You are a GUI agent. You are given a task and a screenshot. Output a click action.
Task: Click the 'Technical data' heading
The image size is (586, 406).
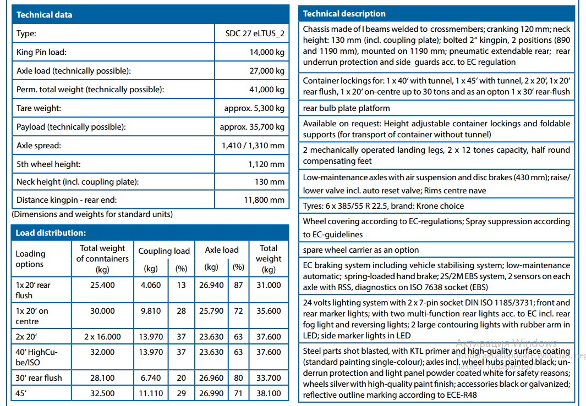point(44,15)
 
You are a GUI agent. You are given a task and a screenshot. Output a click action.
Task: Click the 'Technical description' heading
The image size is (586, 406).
point(344,14)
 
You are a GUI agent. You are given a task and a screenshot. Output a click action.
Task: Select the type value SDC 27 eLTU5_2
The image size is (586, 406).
point(255,34)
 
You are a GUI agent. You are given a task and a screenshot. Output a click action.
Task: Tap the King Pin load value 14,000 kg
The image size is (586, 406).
point(267,52)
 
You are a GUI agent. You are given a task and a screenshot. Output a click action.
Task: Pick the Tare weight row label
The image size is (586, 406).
point(39,108)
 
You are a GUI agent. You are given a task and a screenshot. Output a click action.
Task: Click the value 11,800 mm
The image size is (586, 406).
point(264,200)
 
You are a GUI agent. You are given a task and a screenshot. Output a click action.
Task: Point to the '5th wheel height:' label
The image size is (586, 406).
point(48,164)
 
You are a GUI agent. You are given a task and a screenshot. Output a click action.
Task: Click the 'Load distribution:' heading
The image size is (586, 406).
point(50,233)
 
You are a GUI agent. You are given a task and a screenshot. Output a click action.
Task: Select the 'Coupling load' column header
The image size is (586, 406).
point(163,251)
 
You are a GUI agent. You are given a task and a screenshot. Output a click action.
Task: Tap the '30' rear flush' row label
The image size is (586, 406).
point(39,378)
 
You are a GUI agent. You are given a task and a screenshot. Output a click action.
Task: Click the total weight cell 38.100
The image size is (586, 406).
point(269,393)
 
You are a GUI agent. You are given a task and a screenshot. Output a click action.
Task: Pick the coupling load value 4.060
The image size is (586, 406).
point(150,285)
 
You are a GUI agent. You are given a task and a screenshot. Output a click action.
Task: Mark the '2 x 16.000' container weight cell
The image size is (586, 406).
point(102,337)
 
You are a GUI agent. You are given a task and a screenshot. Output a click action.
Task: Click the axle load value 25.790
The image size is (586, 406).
point(211,311)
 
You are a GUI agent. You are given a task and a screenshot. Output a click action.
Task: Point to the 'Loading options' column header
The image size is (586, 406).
point(30,259)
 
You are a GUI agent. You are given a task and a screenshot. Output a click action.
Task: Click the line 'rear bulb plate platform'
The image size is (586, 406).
point(346,108)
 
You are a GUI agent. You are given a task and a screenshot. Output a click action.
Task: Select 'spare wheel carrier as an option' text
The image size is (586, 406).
point(360,250)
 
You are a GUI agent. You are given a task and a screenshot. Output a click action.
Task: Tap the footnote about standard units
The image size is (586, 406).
point(92,214)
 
